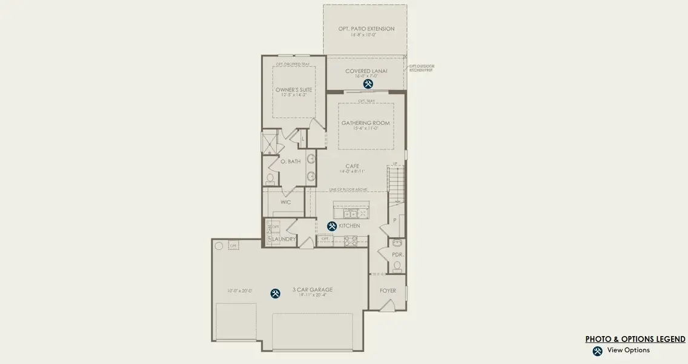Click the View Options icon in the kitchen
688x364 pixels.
(332, 226)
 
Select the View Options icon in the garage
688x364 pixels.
(276, 294)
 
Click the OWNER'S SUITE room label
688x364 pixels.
(294, 90)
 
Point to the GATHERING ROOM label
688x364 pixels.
(365, 123)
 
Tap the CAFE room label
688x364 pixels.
(352, 166)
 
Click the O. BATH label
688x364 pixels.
(290, 161)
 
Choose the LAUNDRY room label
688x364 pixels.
(284, 240)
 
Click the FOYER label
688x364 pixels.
(388, 291)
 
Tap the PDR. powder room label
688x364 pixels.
(398, 255)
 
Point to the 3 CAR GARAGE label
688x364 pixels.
(313, 290)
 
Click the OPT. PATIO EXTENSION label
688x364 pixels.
(366, 29)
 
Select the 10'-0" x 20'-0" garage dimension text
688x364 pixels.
(239, 291)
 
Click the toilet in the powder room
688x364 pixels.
(398, 266)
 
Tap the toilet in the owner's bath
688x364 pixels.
(270, 178)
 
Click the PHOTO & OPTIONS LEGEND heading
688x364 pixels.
(635, 339)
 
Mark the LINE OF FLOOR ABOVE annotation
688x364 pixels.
(353, 189)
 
